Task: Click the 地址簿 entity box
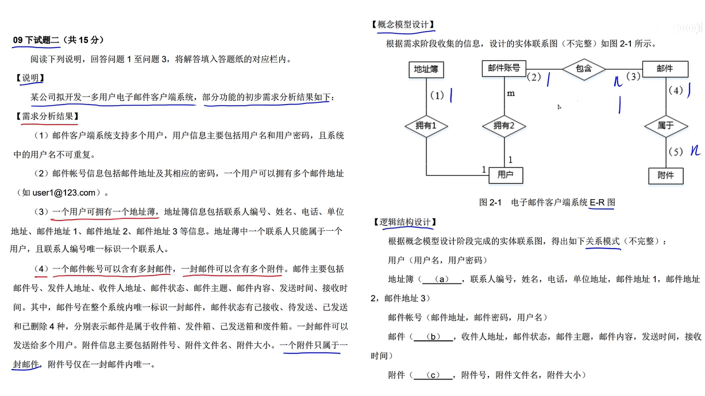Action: (426, 69)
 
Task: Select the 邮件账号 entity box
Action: (503, 68)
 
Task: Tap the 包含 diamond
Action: (583, 69)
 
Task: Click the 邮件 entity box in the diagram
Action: (665, 69)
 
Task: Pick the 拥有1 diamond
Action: (426, 125)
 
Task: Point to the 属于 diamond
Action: (665, 125)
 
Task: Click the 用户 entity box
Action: (506, 174)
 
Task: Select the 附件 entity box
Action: (665, 175)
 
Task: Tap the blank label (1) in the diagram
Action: (437, 96)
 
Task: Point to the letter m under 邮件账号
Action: (510, 93)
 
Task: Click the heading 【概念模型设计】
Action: (403, 25)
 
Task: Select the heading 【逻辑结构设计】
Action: (404, 222)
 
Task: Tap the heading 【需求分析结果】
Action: (47, 117)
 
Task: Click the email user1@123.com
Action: (64, 192)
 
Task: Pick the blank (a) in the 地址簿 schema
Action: (441, 279)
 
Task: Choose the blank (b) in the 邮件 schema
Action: (434, 337)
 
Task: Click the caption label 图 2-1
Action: (491, 203)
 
